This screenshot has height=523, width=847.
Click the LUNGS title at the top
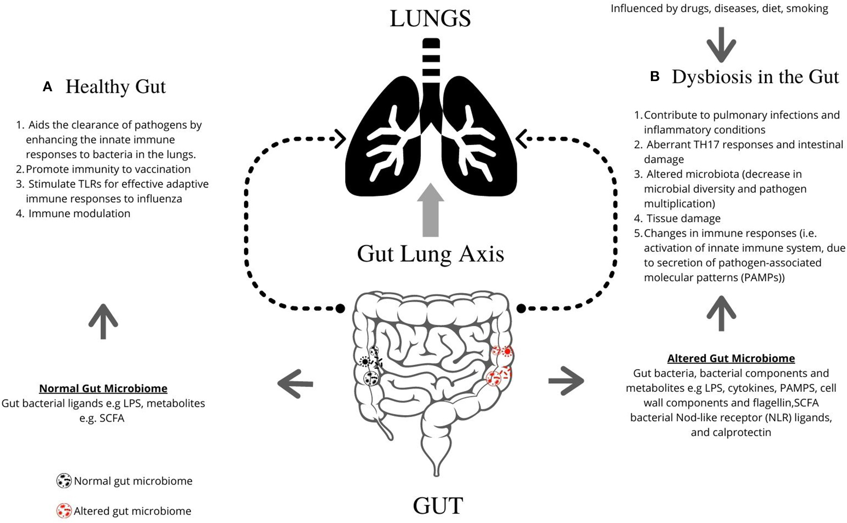(x=430, y=19)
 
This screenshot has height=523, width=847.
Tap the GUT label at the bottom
(x=437, y=505)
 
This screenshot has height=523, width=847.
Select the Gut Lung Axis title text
(x=430, y=254)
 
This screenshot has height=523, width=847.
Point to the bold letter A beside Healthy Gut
(x=48, y=87)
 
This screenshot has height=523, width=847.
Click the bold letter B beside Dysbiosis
(x=655, y=77)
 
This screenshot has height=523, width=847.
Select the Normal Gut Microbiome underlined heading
(x=103, y=388)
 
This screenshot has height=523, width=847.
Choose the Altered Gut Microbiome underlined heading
(x=731, y=359)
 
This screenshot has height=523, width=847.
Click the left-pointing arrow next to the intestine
(x=295, y=383)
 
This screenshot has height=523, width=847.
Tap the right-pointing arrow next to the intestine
(x=566, y=381)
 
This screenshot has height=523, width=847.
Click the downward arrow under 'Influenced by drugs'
(x=721, y=45)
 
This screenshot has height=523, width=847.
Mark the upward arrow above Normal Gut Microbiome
(x=103, y=321)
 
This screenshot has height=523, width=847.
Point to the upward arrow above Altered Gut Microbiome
(x=721, y=313)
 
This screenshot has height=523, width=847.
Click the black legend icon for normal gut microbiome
(x=64, y=481)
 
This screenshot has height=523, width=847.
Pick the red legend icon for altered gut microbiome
(x=64, y=511)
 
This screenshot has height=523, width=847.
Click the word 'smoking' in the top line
(x=807, y=8)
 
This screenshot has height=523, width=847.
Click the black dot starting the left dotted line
(x=340, y=309)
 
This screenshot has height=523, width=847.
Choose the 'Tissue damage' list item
(x=683, y=218)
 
